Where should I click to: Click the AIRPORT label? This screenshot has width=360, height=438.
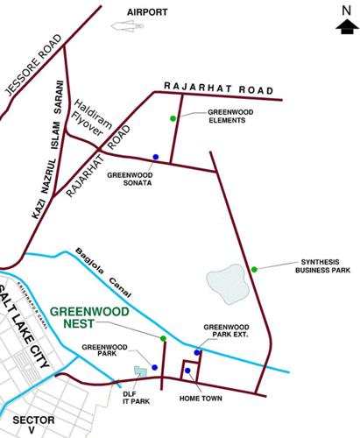pos(147,11)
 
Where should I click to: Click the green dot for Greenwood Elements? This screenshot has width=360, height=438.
pos(173,118)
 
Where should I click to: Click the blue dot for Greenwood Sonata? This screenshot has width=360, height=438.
pos(155,157)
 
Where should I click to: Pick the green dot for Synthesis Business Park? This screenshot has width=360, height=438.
pos(254,269)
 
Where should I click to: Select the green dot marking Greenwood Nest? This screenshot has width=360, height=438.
pos(164,338)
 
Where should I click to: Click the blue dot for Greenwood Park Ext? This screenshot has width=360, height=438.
pos(197,353)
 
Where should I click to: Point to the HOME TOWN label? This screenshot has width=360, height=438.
pos(202,399)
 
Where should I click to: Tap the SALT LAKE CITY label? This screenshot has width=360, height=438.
pos(26,323)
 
